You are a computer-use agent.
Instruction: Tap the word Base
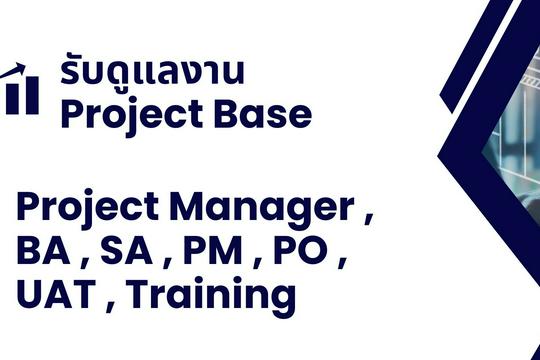(x=262, y=116)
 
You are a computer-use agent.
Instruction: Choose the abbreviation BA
(x=41, y=252)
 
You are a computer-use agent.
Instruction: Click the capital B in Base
(x=221, y=116)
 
